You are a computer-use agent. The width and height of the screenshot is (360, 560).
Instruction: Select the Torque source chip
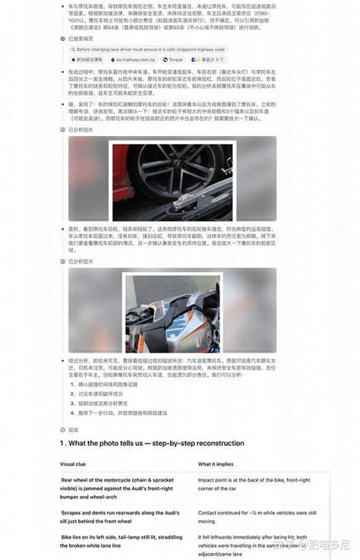click(x=175, y=58)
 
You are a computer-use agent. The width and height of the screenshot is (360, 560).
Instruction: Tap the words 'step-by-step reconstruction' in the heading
click(x=197, y=443)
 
